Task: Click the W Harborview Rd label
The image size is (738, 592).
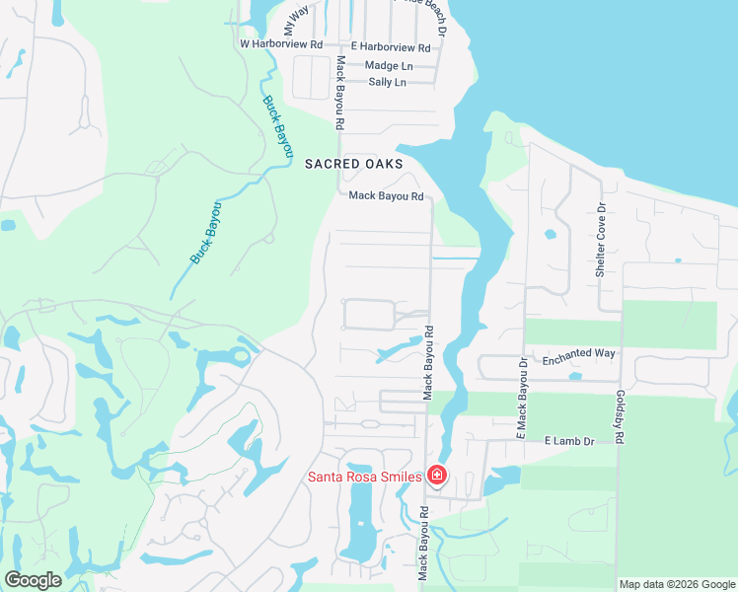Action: click(281, 44)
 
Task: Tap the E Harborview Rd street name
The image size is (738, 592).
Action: click(391, 47)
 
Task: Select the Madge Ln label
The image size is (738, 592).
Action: click(389, 65)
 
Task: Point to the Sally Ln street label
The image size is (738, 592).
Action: click(387, 82)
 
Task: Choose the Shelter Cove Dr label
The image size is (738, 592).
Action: click(600, 235)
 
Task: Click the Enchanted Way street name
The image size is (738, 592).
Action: click(579, 352)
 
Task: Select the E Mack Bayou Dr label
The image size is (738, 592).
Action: click(523, 398)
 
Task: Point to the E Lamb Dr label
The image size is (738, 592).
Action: click(570, 441)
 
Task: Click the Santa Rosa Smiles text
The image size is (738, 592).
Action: click(365, 477)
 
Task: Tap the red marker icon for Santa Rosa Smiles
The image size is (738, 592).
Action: click(437, 477)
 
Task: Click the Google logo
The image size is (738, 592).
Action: click(34, 580)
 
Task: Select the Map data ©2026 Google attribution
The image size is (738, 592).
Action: click(677, 584)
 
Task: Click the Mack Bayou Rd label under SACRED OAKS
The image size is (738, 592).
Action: click(387, 196)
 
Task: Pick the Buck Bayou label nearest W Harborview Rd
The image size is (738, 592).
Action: click(278, 126)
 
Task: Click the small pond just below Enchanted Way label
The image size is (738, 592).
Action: click(575, 376)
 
